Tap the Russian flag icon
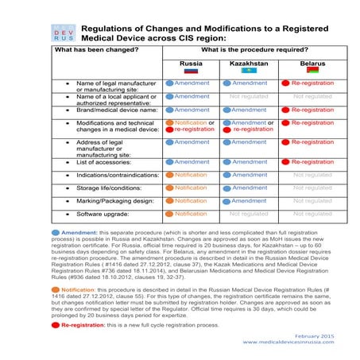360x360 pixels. coord(191,70)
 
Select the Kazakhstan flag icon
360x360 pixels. coord(249,70)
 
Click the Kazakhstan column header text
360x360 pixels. coord(249,60)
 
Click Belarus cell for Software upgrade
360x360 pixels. coord(312,214)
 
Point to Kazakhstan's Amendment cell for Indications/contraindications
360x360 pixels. coord(249,175)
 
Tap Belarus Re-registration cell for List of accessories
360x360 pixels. coord(312,162)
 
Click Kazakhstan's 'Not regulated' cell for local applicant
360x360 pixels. coord(249,96)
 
